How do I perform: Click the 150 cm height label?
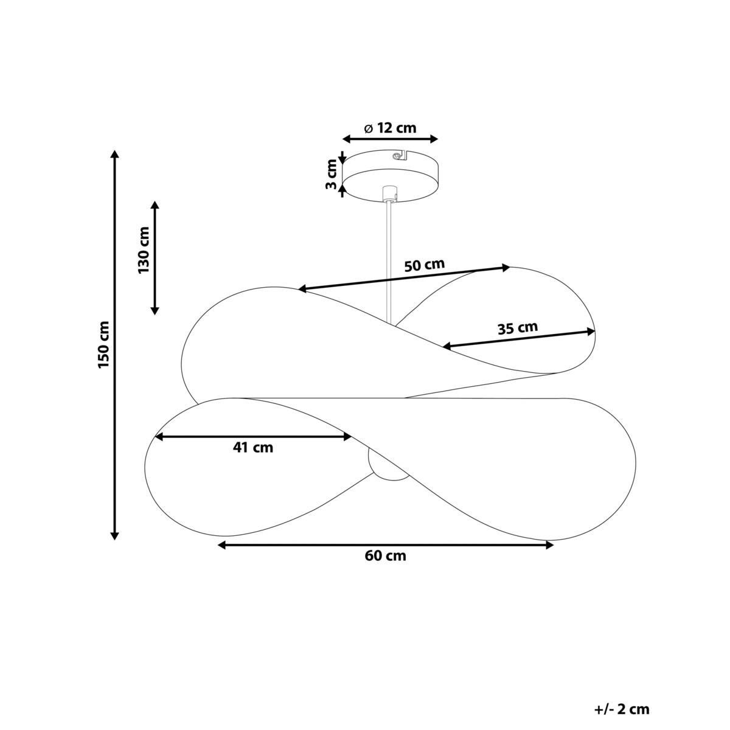point(103,344)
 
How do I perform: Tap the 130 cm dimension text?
point(144,251)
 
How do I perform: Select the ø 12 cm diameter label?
point(390,128)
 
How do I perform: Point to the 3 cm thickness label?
point(331,174)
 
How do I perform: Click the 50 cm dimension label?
point(424,265)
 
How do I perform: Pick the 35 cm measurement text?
point(518,328)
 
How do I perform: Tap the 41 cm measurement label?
point(252,448)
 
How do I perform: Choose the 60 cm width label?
point(386,556)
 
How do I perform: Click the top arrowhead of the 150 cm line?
point(114,154)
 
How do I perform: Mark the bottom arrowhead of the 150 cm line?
point(114,535)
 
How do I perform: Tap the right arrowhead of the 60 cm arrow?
point(549,545)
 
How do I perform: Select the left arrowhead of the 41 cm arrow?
point(159,437)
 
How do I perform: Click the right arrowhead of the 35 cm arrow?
point(591,332)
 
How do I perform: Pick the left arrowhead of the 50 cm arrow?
point(303,289)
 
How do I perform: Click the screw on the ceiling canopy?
point(396,156)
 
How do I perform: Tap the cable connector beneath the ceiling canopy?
point(389,193)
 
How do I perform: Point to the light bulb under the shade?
point(386,465)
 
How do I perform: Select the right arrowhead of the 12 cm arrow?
point(434,139)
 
